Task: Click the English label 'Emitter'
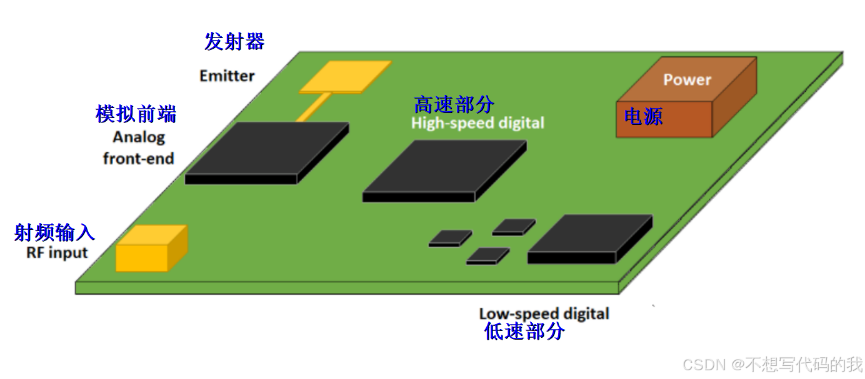click(227, 76)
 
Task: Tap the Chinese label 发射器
click(234, 42)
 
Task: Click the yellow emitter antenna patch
click(345, 76)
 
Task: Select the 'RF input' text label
click(57, 253)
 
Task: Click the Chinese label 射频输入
click(54, 233)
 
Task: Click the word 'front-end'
click(138, 159)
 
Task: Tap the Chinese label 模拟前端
click(136, 114)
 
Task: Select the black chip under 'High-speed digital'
click(444, 169)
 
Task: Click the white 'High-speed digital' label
click(477, 123)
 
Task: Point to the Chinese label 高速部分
click(454, 104)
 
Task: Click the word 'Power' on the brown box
click(687, 80)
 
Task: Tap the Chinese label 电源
click(643, 117)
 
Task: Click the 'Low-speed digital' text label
click(544, 313)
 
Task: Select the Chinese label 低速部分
click(524, 332)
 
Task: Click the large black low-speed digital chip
click(589, 239)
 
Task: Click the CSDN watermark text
click(772, 364)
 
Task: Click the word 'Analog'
click(139, 137)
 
